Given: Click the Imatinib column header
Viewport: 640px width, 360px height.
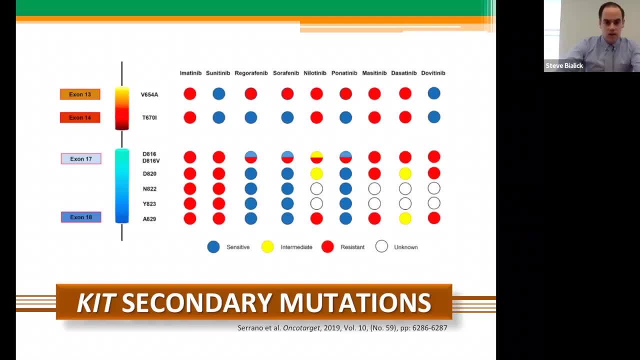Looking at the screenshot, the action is pyautogui.click(x=190, y=73).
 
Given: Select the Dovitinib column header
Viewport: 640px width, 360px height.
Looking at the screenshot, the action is pyautogui.click(x=433, y=73).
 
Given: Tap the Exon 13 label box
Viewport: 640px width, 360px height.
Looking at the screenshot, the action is pyautogui.click(x=80, y=94).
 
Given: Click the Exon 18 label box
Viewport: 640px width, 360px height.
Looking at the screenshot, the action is pyautogui.click(x=81, y=217).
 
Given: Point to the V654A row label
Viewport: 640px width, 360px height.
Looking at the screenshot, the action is pyautogui.click(x=149, y=94).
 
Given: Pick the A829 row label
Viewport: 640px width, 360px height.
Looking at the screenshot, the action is pyautogui.click(x=149, y=219).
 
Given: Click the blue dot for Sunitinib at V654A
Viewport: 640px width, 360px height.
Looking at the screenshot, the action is pyautogui.click(x=219, y=93).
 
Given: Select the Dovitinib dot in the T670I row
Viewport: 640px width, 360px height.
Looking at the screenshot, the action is pyautogui.click(x=434, y=117).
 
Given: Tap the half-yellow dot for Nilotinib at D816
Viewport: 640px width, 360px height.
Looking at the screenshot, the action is pyautogui.click(x=316, y=157).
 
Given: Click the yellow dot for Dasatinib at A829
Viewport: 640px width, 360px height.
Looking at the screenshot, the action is pyautogui.click(x=405, y=218).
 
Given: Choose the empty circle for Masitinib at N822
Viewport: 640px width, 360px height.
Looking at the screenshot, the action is pyautogui.click(x=374, y=188).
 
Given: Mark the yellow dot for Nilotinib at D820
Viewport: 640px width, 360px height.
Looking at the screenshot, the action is pyautogui.click(x=316, y=173).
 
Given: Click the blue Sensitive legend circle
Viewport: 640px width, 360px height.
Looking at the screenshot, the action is pyautogui.click(x=213, y=247).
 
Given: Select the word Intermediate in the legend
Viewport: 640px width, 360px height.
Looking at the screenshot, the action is pyautogui.click(x=296, y=247).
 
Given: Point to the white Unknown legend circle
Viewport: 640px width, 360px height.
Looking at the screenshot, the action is pyautogui.click(x=381, y=246).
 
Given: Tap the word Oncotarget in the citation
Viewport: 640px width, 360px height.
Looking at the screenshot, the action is pyautogui.click(x=301, y=328).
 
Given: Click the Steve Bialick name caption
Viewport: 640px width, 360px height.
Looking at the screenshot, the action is pyautogui.click(x=564, y=65).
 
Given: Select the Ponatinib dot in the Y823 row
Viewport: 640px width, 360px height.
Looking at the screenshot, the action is pyautogui.click(x=345, y=203).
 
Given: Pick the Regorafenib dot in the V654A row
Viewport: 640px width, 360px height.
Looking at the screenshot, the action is pyautogui.click(x=251, y=93).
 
